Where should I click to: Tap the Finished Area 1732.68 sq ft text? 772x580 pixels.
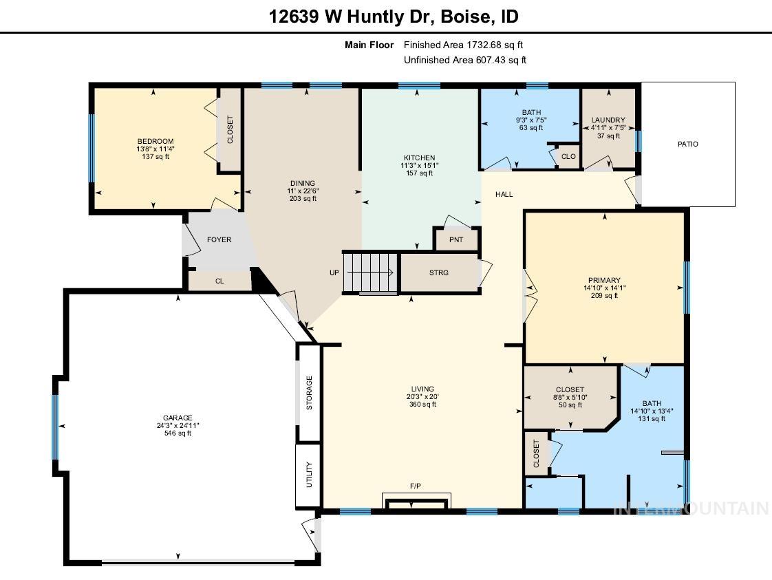(x=463, y=45)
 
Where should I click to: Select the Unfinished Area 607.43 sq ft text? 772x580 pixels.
(x=464, y=60)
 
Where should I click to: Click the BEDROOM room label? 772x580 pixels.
(x=155, y=142)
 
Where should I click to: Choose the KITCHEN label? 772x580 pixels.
(x=419, y=158)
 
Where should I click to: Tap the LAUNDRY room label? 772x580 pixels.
(x=608, y=120)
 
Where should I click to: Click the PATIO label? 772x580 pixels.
(x=687, y=144)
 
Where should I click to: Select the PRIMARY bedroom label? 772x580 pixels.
(x=605, y=280)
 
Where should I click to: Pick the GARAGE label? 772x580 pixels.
(x=178, y=418)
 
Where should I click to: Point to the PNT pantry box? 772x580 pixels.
(x=455, y=240)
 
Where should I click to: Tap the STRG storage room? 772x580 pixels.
(x=439, y=273)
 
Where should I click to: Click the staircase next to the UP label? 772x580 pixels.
(x=371, y=272)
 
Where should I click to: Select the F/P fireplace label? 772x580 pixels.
(x=416, y=486)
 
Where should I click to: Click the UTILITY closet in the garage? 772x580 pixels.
(x=308, y=475)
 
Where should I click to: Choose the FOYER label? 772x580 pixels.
(x=219, y=240)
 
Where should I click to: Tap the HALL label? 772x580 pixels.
(x=504, y=194)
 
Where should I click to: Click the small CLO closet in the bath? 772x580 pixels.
(x=568, y=157)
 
